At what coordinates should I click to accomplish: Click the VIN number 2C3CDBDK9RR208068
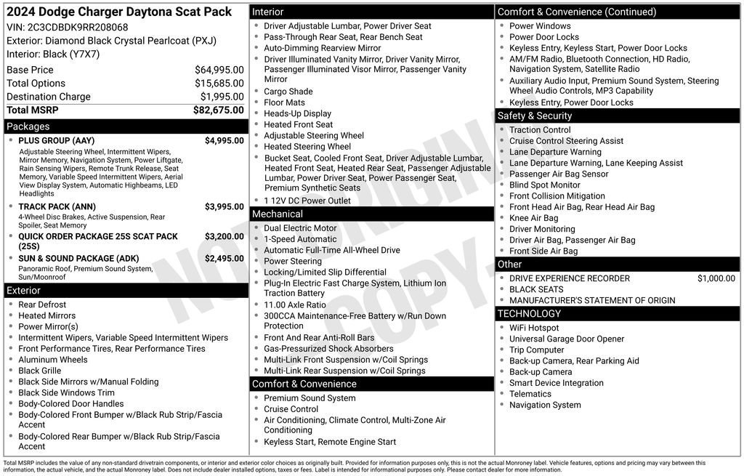click(x=78, y=28)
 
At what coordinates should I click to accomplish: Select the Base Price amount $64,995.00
click(x=219, y=70)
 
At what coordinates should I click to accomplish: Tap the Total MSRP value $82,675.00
click(x=218, y=110)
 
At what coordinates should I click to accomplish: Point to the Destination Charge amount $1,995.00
click(x=222, y=97)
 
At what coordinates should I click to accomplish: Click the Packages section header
click(x=28, y=126)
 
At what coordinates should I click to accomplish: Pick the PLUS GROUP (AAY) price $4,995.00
click(x=224, y=140)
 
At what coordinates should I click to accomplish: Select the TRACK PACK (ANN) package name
click(x=57, y=206)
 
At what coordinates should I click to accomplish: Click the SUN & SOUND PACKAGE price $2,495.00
click(x=224, y=258)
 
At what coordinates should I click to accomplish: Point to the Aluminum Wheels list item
click(x=52, y=360)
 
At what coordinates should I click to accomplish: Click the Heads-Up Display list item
click(x=297, y=113)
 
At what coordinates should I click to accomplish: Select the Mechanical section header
click(x=277, y=214)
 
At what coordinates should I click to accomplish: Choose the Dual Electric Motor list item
click(x=300, y=228)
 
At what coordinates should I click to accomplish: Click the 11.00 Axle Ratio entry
click(x=295, y=305)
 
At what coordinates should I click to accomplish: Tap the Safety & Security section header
click(x=534, y=116)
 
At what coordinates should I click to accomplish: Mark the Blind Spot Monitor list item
click(x=544, y=185)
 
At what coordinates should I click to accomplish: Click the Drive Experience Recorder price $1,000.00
click(x=716, y=278)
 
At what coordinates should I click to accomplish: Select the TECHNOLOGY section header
click(x=529, y=314)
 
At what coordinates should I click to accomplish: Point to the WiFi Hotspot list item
click(x=534, y=328)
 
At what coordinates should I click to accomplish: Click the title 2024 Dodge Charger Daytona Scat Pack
click(x=119, y=12)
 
